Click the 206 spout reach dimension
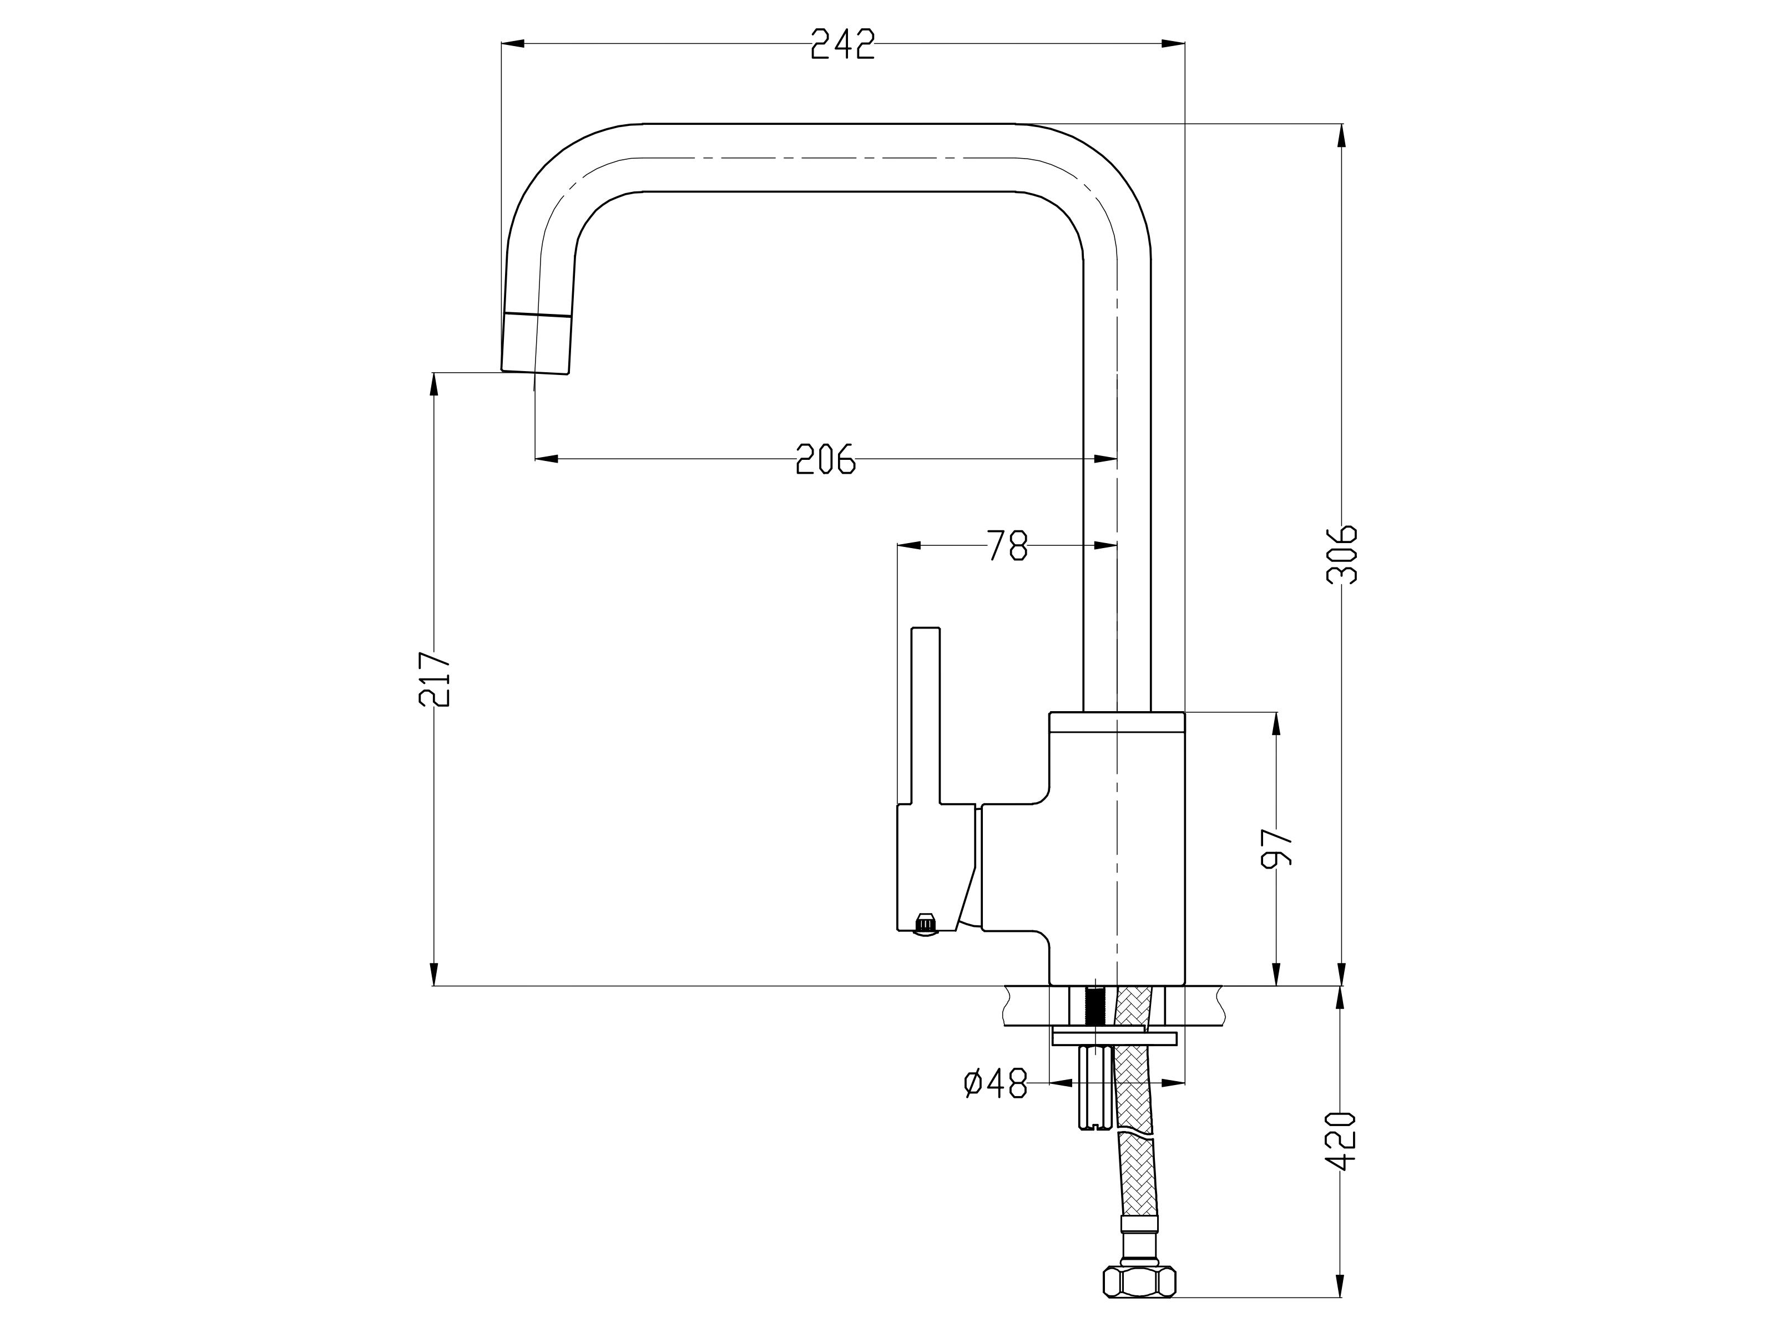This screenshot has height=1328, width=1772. pos(825,460)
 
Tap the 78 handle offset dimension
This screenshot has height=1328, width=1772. pos(1007,545)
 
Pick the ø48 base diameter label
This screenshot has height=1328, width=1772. pos(996,1084)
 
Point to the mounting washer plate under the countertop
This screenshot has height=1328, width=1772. pos(1114,1039)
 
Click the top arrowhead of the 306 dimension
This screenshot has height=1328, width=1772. pos(1342,136)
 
